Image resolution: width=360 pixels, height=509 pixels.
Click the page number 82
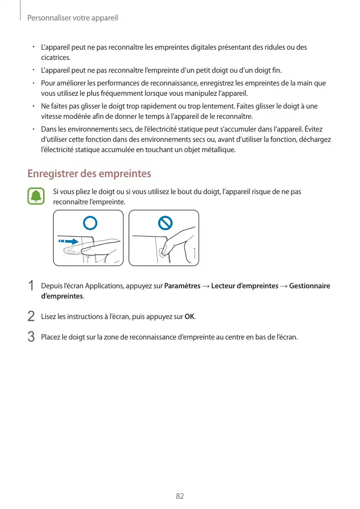180,497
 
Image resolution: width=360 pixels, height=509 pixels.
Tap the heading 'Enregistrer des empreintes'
89,174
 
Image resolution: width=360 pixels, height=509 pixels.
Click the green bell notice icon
36,197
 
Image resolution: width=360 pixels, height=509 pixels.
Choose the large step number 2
31,317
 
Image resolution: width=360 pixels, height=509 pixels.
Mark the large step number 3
31,337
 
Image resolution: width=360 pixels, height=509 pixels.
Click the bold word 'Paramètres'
182,286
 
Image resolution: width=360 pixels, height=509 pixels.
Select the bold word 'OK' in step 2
189,316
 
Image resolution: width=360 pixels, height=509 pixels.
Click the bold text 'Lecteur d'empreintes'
245,286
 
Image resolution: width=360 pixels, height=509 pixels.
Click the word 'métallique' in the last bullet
219,150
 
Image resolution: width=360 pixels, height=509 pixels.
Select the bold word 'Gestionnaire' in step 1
309,286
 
